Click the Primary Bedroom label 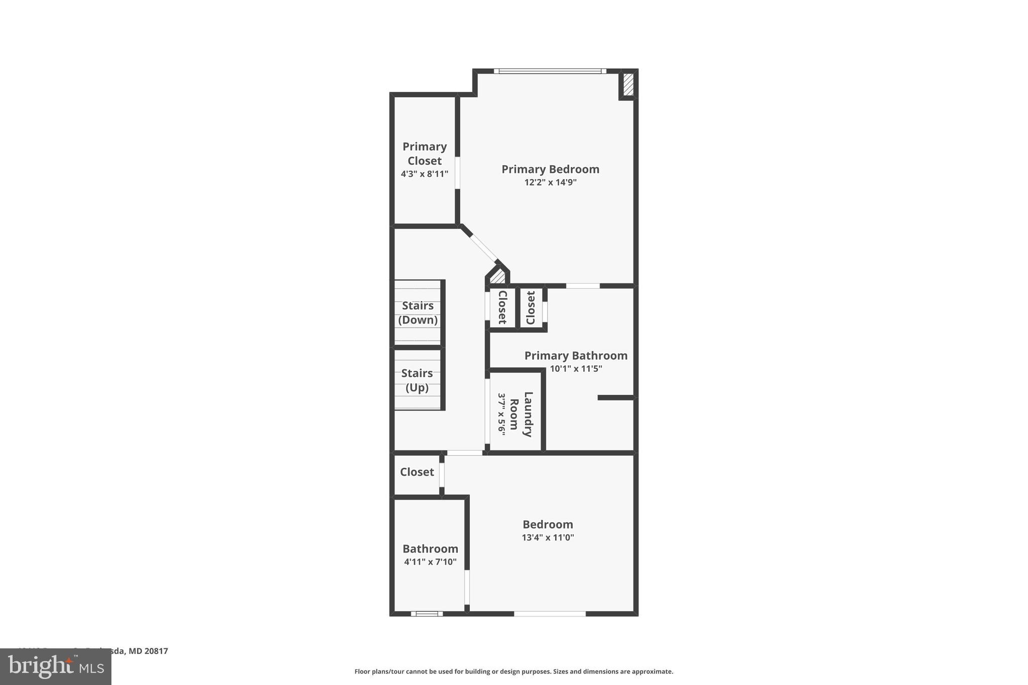(550, 169)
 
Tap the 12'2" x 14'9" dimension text (550, 182)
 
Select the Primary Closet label (424, 154)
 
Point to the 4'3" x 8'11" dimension (424, 174)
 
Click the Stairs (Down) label (418, 313)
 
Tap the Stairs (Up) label (417, 380)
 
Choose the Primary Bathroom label (576, 355)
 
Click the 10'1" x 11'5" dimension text (576, 368)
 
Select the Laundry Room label (521, 414)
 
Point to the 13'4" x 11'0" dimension (548, 537)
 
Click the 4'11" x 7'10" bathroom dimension (430, 562)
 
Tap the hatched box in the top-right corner (628, 84)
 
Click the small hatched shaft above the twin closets (497, 277)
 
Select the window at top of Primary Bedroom (550, 71)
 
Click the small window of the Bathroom (427, 613)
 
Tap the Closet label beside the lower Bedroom (417, 472)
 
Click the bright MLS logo (56, 666)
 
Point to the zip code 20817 (156, 651)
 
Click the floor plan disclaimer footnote (513, 671)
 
